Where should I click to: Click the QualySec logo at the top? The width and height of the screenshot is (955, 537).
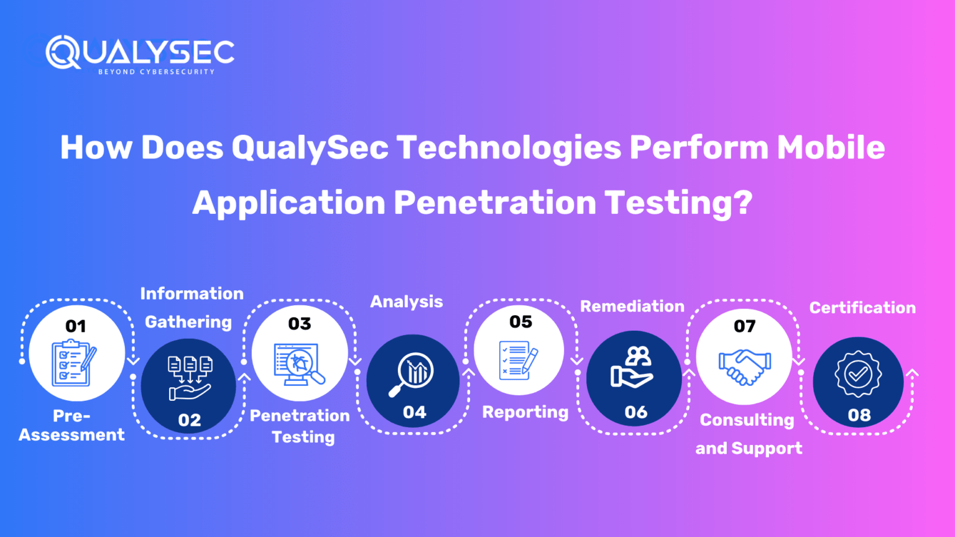tap(140, 52)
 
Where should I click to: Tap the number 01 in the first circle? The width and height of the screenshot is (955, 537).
tap(76, 326)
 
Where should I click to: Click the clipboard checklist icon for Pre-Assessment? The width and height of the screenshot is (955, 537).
tap(73, 363)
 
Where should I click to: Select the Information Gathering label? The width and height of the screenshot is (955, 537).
tap(190, 308)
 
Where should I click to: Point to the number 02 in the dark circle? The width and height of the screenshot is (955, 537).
tap(190, 420)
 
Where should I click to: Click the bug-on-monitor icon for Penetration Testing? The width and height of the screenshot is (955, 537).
tap(299, 364)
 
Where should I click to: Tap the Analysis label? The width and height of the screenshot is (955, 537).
tap(407, 302)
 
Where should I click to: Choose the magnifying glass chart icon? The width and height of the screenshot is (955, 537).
tap(412, 374)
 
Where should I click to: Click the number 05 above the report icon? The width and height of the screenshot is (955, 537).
tap(520, 322)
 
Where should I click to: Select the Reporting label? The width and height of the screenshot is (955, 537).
tap(525, 412)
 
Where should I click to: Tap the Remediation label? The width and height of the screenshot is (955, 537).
tap(632, 306)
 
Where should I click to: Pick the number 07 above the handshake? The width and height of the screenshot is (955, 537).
tap(744, 326)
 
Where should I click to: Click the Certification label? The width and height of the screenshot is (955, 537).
tap(862, 308)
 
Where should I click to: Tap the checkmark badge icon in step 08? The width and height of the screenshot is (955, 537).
tap(858, 374)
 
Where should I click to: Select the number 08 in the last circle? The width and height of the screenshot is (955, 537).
tap(859, 415)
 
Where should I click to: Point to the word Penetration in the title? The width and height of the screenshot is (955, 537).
tap(494, 203)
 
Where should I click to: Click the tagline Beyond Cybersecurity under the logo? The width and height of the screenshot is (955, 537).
tap(156, 72)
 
